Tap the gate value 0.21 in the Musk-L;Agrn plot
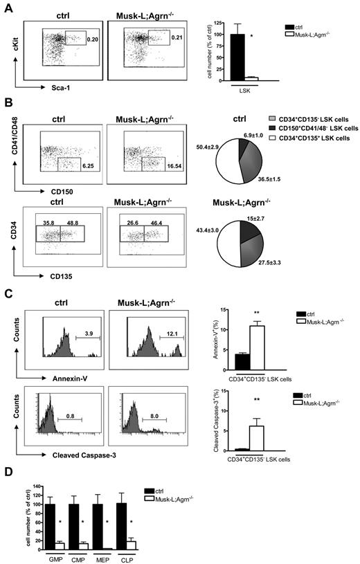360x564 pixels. point(177,37)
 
